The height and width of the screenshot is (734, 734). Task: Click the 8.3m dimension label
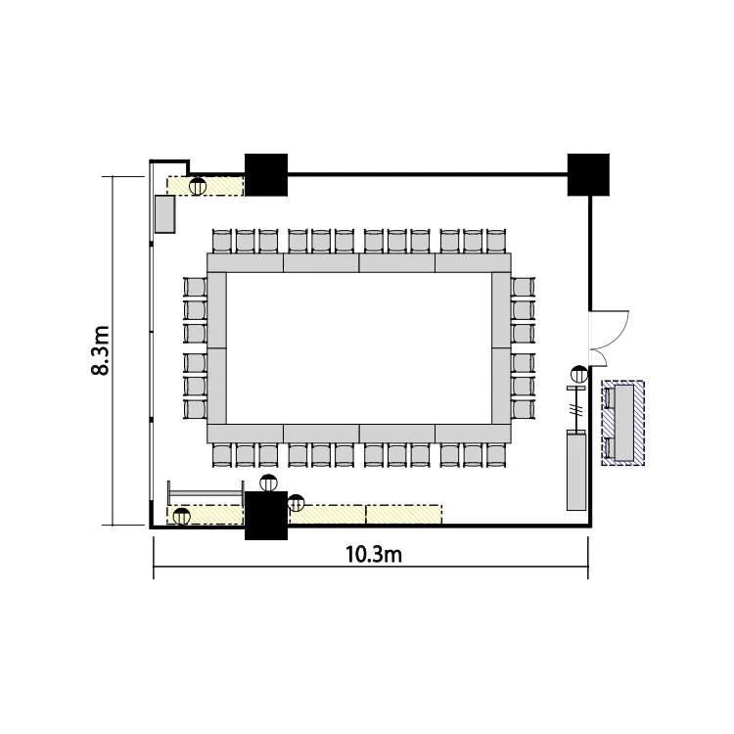[x=100, y=350]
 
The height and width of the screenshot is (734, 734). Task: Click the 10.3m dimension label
[x=374, y=555]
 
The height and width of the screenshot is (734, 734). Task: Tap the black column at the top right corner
[x=588, y=174]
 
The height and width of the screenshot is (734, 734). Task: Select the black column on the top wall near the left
[x=266, y=174]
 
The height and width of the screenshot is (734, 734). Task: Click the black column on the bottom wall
[x=266, y=516]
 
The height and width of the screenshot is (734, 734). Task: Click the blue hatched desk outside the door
[x=623, y=423]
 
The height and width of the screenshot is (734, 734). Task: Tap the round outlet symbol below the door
[x=579, y=374]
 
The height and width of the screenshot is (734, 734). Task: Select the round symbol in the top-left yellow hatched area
[x=198, y=186]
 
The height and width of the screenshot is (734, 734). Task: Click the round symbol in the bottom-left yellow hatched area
[x=182, y=517]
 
